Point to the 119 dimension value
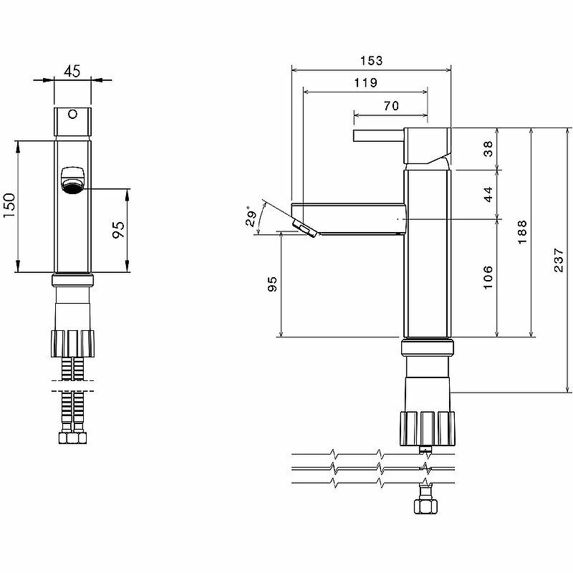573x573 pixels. pos(365,82)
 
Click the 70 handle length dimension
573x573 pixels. pos(391,105)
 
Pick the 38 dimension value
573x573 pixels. pos(488,149)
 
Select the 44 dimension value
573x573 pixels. pos(488,194)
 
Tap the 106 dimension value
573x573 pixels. pos(488,277)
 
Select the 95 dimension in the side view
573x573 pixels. pos(271,284)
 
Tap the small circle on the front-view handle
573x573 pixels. pos(72,114)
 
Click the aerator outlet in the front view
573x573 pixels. pos(72,180)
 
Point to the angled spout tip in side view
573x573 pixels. pos(304,228)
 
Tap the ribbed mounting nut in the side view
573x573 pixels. pos(427,428)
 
